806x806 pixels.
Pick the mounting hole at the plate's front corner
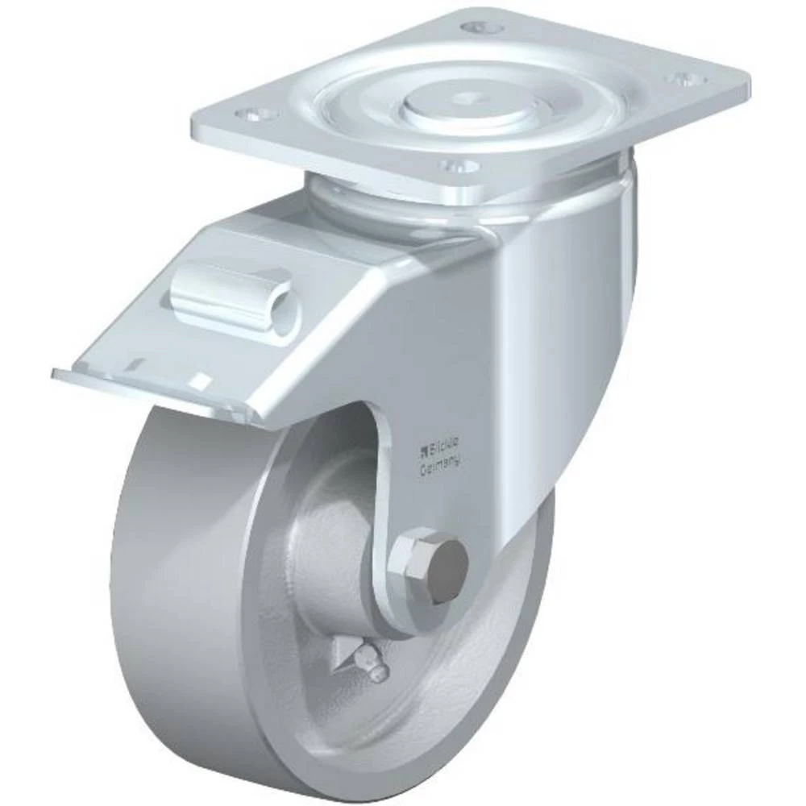(460, 167)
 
